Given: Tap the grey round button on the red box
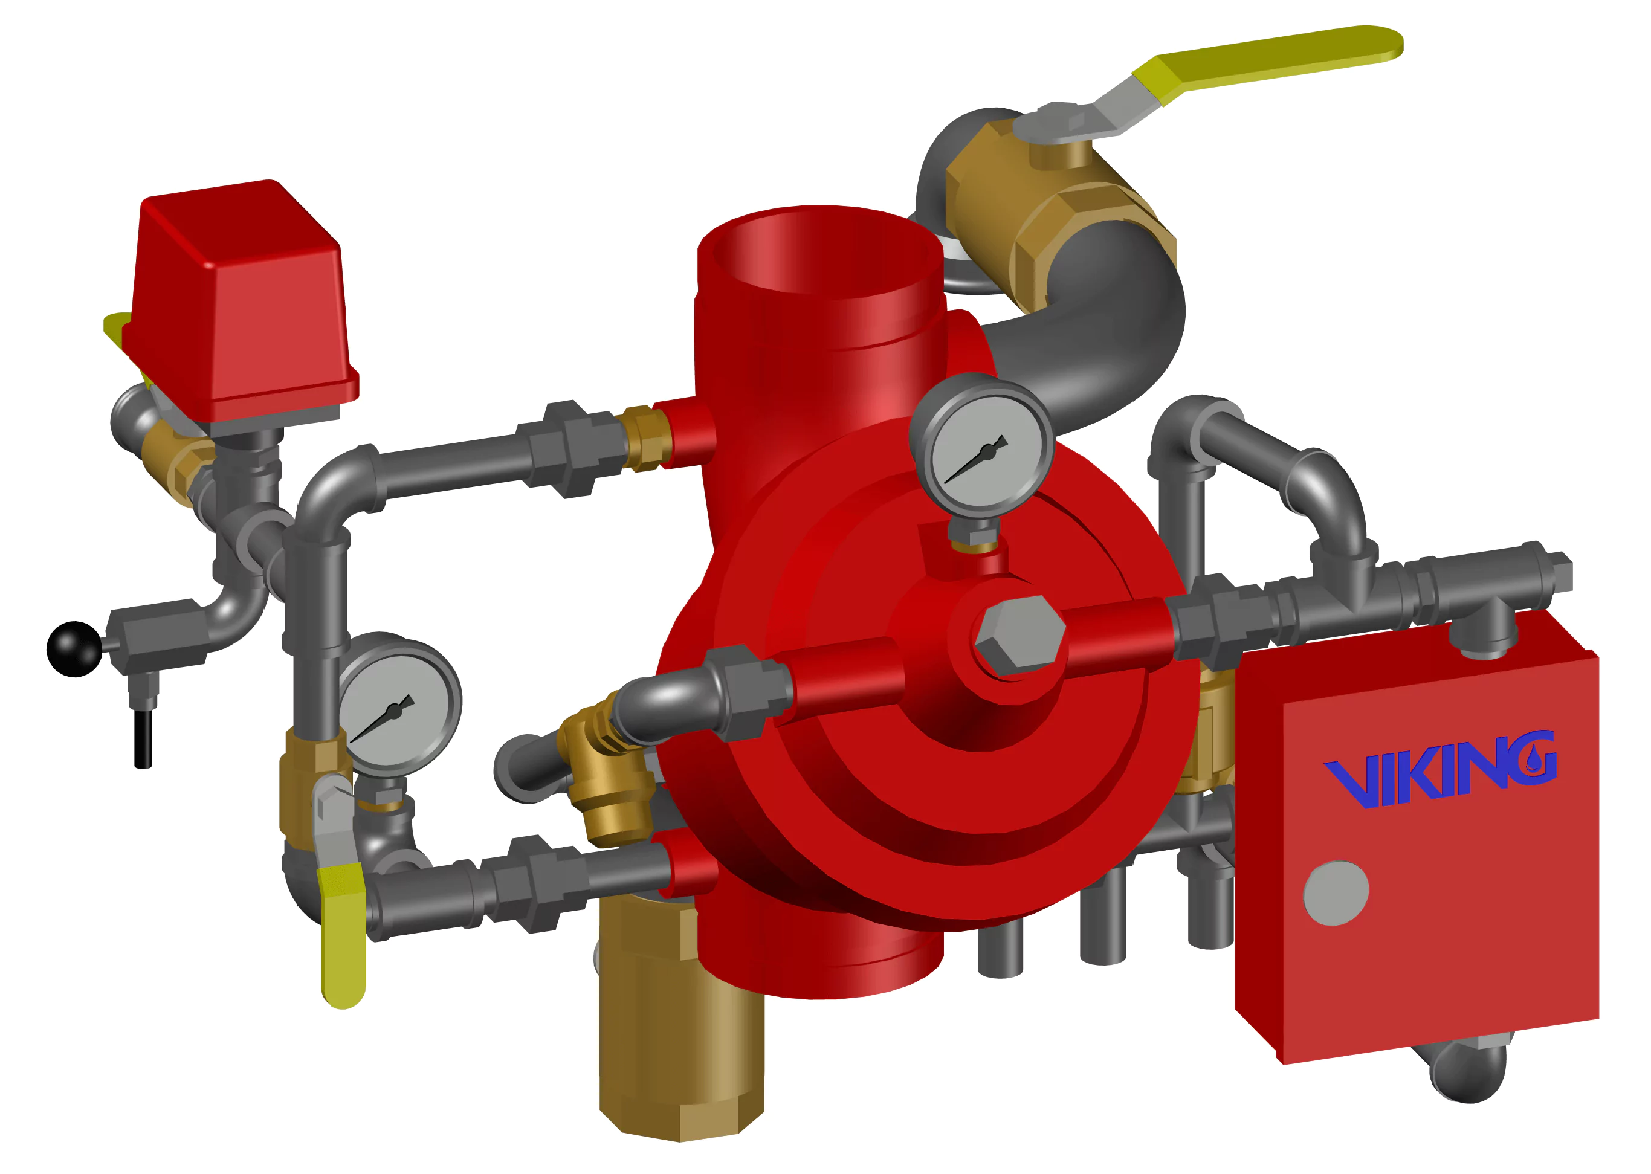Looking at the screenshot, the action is (1336, 893).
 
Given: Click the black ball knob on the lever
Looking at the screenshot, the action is (74, 648).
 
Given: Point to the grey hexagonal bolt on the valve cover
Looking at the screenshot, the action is (1020, 636).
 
